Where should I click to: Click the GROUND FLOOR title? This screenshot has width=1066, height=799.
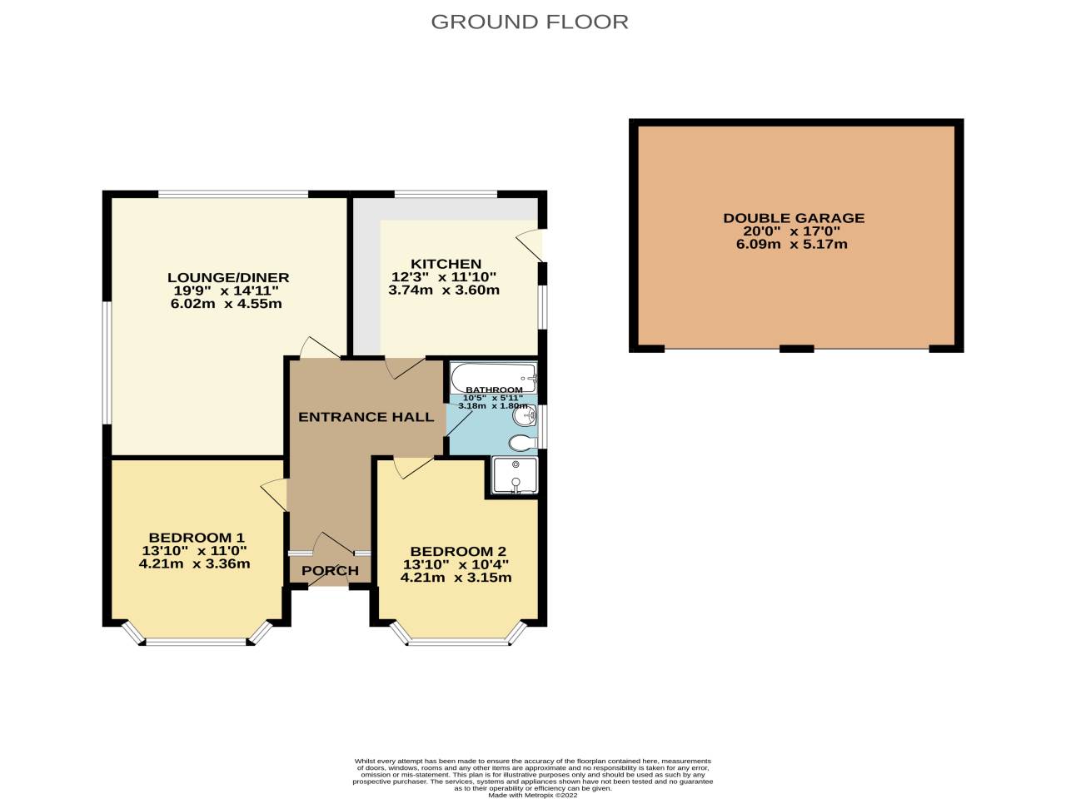click(x=530, y=22)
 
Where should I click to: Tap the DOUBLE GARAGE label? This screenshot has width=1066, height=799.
click(x=793, y=218)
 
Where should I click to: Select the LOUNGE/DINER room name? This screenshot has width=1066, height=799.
click(x=227, y=278)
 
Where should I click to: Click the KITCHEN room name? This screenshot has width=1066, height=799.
click(x=446, y=264)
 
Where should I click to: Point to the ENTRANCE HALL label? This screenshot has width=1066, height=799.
click(x=366, y=417)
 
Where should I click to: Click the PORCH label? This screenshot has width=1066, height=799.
click(x=330, y=571)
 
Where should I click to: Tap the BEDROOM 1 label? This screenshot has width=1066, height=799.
click(x=196, y=537)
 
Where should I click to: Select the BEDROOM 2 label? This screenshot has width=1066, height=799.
click(x=457, y=551)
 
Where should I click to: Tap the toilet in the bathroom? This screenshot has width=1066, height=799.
click(x=521, y=442)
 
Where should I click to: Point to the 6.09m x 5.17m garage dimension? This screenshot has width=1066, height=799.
click(x=791, y=245)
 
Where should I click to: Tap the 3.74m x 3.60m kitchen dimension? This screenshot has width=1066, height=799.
click(x=444, y=290)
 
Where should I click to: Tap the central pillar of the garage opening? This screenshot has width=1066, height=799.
click(x=796, y=349)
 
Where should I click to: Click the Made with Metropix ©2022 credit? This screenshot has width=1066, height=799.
click(x=532, y=795)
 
